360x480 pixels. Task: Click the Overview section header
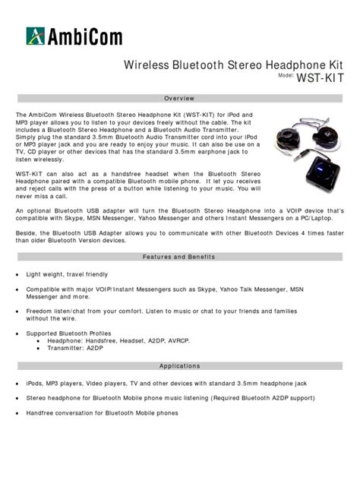[x=179, y=99]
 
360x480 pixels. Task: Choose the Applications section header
[x=179, y=366]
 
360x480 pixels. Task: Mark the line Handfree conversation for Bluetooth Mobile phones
[x=103, y=413]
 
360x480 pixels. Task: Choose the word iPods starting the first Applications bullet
[x=35, y=383]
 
